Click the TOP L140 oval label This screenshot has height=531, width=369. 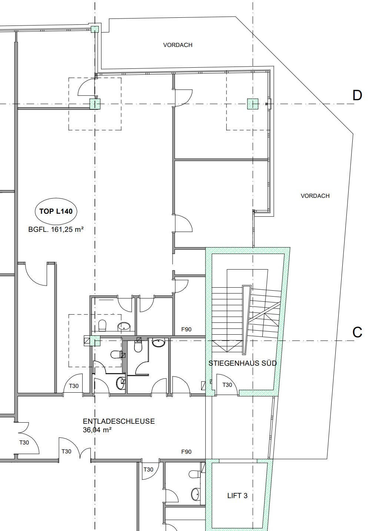tap(56, 211)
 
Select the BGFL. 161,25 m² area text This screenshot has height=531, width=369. tap(56, 230)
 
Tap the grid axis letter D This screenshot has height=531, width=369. tap(357, 95)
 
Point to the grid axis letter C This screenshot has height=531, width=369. tap(357, 332)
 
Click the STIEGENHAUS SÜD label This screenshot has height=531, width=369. tap(242, 363)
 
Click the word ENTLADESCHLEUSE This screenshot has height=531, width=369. tap(119, 421)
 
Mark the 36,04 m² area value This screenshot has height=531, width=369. tap(97, 430)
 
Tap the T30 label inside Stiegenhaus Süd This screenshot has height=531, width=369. tap(227, 385)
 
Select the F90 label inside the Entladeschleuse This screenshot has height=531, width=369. tap(186, 452)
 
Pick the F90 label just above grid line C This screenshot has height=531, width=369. tap(186, 329)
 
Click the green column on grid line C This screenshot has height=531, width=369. tap(95, 341)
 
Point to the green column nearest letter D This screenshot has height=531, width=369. tap(253, 104)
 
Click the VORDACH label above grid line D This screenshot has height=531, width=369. tap(177, 45)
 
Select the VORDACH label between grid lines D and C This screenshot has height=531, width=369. tap(315, 196)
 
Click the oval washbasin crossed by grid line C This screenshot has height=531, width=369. tap(158, 342)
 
